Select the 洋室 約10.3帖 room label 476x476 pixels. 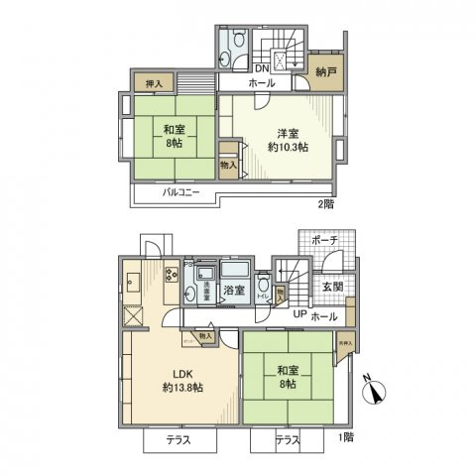click(x=287, y=137)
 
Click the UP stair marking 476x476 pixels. click(x=298, y=315)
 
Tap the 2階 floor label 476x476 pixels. click(x=325, y=204)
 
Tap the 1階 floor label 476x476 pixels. click(x=344, y=437)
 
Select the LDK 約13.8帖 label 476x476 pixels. click(x=181, y=380)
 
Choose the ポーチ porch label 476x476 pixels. click(x=323, y=241)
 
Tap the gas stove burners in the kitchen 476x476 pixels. click(x=170, y=274)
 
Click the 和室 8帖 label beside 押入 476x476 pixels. click(x=174, y=135)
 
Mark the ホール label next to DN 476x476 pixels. click(x=262, y=84)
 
